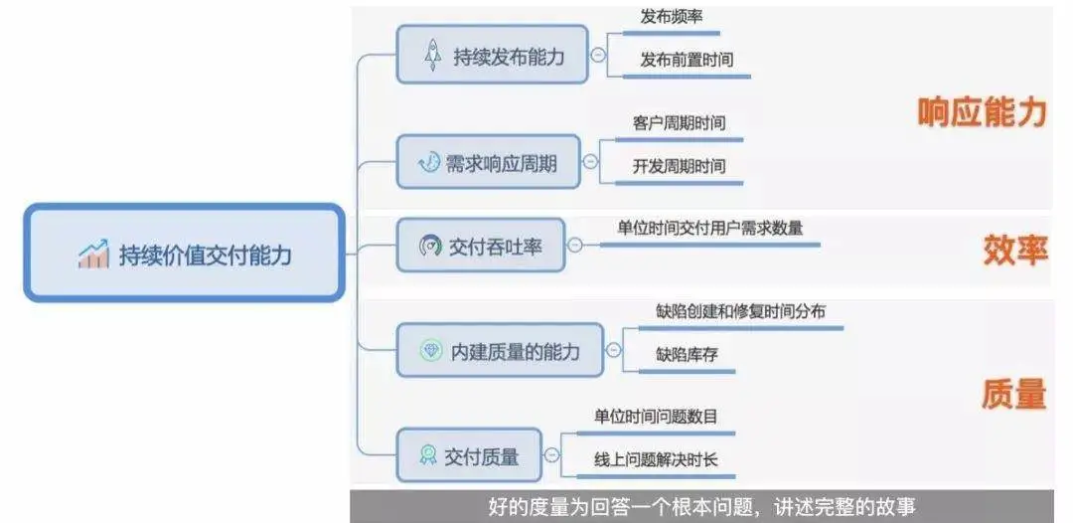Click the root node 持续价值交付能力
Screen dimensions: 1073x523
click(184, 254)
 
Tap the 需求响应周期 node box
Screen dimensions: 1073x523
click(488, 162)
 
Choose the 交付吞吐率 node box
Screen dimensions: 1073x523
click(480, 246)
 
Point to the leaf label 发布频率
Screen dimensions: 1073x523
click(674, 17)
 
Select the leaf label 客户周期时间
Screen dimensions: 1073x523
click(679, 123)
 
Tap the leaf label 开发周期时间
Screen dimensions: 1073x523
click(679, 166)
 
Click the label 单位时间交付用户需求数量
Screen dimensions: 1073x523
click(709, 228)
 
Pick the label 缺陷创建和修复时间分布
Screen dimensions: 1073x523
click(740, 312)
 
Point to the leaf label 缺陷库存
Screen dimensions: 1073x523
click(687, 354)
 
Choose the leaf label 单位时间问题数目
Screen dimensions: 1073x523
click(656, 417)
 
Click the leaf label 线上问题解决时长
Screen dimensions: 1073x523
click(656, 459)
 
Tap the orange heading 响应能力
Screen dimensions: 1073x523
click(982, 112)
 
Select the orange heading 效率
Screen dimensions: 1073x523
click(1015, 250)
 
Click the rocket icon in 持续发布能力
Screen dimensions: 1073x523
click(433, 56)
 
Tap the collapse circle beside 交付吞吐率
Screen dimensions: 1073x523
click(575, 246)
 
